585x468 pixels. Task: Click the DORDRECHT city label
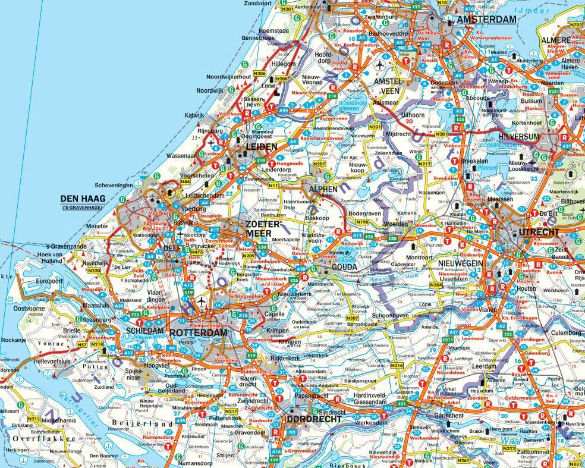point(314,419)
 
